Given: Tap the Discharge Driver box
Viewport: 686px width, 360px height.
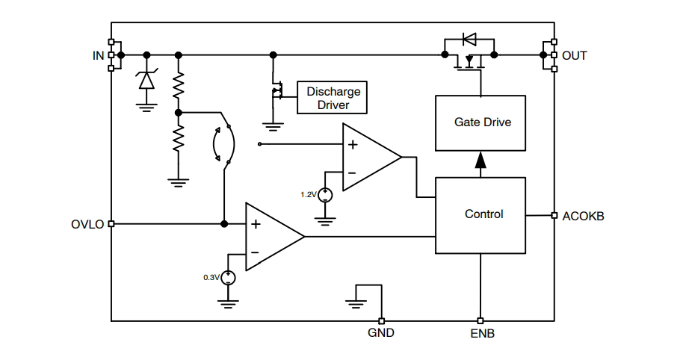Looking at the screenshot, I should pyautogui.click(x=333, y=98).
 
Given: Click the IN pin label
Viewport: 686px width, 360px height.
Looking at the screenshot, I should pyautogui.click(x=98, y=55).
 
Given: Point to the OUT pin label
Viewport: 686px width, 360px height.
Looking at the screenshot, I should pyautogui.click(x=575, y=56).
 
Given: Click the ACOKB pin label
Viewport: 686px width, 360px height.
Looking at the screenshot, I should pyautogui.click(x=583, y=217).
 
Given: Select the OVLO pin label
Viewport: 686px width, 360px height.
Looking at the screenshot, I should pyautogui.click(x=87, y=224).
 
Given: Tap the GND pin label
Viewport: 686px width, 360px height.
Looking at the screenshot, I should pyautogui.click(x=381, y=333).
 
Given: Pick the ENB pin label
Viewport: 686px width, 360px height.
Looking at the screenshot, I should pyautogui.click(x=481, y=333).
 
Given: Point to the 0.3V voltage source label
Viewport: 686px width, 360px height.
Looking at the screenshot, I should pyautogui.click(x=211, y=278).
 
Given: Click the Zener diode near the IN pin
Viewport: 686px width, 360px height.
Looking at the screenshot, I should pyautogui.click(x=146, y=79).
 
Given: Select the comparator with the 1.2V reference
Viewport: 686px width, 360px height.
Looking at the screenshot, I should pyautogui.click(x=369, y=158).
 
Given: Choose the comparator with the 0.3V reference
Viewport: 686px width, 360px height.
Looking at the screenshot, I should pyautogui.click(x=273, y=237).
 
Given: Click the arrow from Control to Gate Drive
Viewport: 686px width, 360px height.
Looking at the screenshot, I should pyautogui.click(x=480, y=161).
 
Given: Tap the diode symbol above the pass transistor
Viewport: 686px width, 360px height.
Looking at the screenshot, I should pyautogui.click(x=469, y=38).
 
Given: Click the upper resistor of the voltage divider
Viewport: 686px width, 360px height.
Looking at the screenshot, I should pyautogui.click(x=178, y=86).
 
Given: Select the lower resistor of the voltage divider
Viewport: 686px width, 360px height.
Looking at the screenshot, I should pyautogui.click(x=178, y=138).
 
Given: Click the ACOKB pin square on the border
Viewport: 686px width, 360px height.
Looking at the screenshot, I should pyautogui.click(x=554, y=215).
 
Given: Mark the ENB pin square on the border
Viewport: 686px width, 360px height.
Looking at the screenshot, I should pyautogui.click(x=480, y=321).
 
